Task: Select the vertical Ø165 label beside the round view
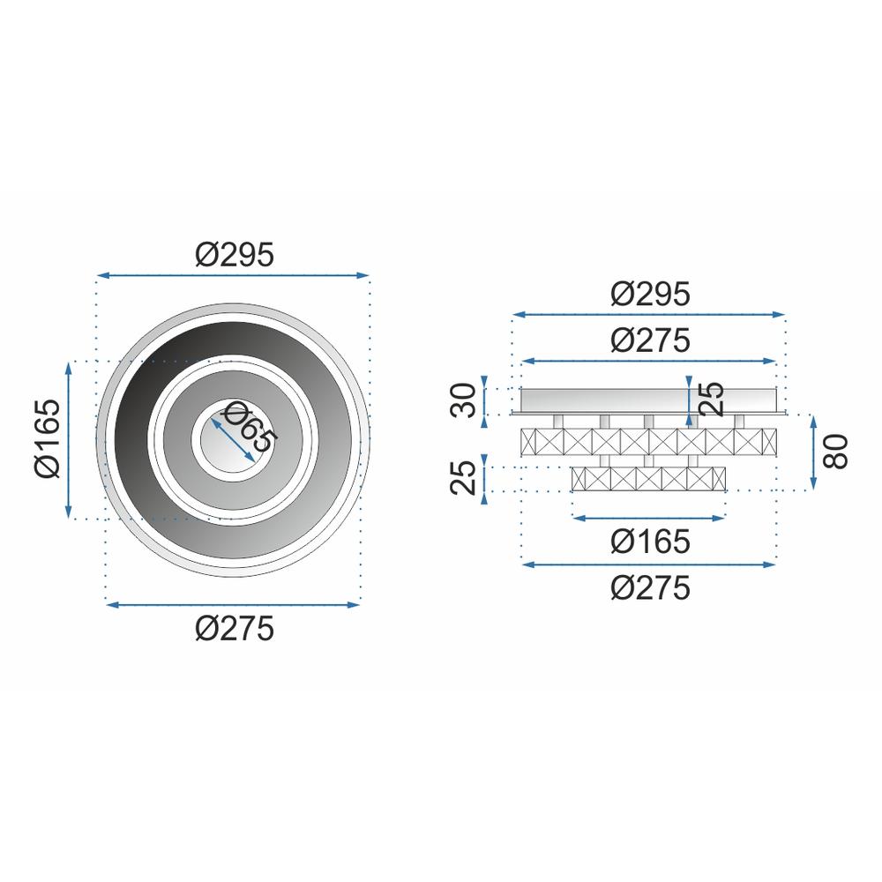48,438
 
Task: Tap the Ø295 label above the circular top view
234,254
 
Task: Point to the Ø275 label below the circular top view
234,628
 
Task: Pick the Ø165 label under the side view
649,542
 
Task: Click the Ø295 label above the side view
649,294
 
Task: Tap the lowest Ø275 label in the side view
649,587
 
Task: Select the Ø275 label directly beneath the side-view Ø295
649,340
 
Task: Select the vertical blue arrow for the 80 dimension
813,452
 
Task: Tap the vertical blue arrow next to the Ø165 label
69,439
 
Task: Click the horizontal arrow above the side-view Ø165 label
649,518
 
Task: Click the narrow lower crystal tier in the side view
649,479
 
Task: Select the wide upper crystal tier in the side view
649,440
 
